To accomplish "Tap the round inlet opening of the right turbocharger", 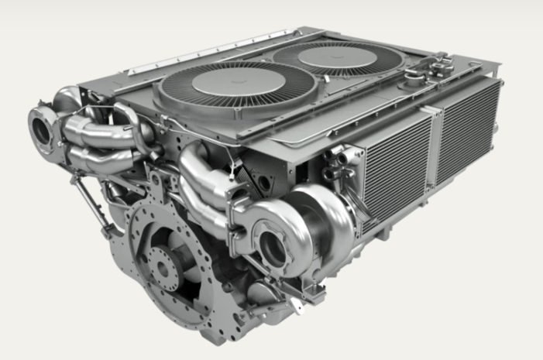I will (273, 245).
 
